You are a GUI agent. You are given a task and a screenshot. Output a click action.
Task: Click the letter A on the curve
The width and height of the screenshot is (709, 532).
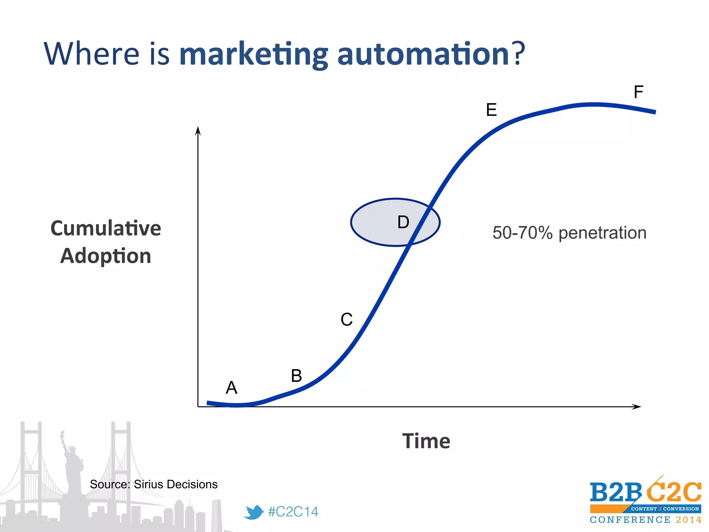232,388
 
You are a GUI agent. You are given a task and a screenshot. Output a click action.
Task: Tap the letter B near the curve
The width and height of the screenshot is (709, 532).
296,376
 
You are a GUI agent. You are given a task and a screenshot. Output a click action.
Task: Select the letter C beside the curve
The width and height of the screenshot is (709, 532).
347,319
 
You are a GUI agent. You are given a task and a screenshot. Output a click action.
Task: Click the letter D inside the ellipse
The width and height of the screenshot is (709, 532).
403,222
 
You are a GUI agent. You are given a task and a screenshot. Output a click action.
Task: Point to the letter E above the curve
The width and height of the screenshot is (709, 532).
491,110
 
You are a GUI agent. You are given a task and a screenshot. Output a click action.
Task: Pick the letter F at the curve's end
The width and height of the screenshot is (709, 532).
638,92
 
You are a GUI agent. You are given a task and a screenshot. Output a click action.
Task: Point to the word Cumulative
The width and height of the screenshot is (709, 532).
106,228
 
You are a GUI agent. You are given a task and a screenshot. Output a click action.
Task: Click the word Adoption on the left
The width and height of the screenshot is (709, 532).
106,256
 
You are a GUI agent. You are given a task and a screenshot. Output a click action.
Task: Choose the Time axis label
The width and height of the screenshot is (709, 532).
426,441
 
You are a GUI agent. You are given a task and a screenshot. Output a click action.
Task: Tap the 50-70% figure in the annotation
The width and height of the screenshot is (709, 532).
522,233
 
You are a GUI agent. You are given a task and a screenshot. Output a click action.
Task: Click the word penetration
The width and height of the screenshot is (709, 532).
602,233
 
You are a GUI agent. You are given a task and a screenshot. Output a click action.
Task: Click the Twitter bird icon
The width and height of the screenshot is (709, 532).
253,512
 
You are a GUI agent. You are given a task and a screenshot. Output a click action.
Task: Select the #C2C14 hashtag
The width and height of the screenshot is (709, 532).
293,512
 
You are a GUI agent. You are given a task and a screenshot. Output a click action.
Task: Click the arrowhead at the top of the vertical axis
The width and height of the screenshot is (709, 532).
198,131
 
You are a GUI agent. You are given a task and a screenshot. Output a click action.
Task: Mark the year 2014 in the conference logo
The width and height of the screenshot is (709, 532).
689,520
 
